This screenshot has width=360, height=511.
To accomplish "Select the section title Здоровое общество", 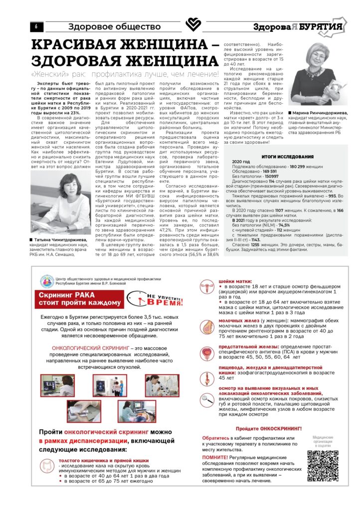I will (114, 26).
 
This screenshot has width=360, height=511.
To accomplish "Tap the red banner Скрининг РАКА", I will (81, 298).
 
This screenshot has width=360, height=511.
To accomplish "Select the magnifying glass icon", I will (206, 398).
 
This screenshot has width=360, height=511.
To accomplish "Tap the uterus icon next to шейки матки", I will (206, 288).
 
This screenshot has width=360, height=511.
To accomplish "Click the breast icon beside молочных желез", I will (206, 327).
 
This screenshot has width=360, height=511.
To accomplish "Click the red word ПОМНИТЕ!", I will (215, 457).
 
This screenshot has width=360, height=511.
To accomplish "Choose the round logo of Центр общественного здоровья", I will (48, 282).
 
